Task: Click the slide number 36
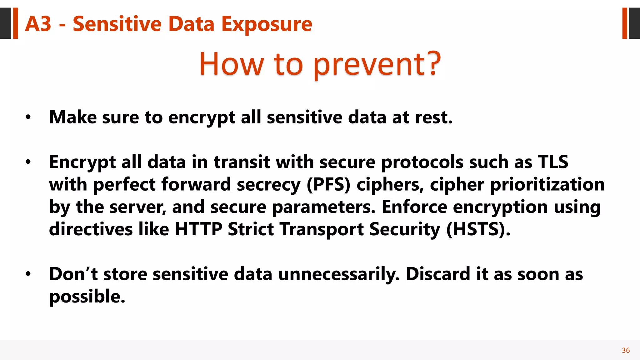click(x=626, y=350)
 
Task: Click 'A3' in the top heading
click(x=38, y=24)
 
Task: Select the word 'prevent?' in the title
click(x=377, y=64)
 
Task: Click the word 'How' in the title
click(x=232, y=64)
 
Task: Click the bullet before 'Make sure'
click(x=28, y=117)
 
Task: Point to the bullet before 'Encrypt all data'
click(x=28, y=162)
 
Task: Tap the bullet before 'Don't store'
click(x=28, y=274)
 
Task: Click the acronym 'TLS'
click(x=553, y=162)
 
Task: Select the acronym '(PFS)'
click(x=328, y=184)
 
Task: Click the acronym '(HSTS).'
click(x=478, y=229)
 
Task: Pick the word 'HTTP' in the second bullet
click(x=198, y=229)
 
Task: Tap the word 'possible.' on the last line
click(x=87, y=297)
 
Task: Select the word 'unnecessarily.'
click(x=339, y=274)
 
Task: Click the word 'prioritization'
click(x=547, y=184)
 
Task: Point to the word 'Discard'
click(x=438, y=274)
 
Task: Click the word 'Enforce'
click(x=414, y=207)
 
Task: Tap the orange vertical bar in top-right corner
click(x=625, y=23)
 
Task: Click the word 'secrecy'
click(x=268, y=184)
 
